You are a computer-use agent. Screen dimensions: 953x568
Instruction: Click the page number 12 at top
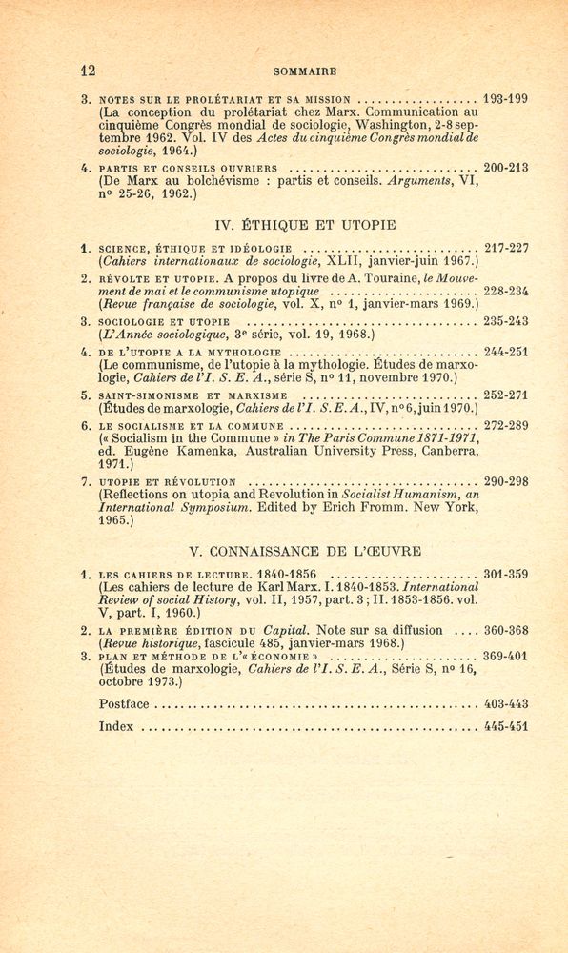(x=89, y=71)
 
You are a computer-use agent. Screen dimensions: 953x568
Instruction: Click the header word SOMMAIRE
(x=305, y=71)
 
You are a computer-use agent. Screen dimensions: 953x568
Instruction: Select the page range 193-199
(x=506, y=98)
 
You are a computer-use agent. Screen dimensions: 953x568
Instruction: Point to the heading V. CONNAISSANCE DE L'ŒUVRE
(x=305, y=551)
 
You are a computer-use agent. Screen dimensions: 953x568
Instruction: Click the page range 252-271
(x=506, y=395)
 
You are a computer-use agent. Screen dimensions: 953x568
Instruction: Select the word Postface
(x=125, y=703)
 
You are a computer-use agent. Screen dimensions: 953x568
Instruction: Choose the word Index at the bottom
(x=115, y=726)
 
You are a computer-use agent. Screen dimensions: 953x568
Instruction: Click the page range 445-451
(x=506, y=726)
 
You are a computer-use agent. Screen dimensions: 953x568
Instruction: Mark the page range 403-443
(x=506, y=703)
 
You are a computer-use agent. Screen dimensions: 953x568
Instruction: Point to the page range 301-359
(x=506, y=576)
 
